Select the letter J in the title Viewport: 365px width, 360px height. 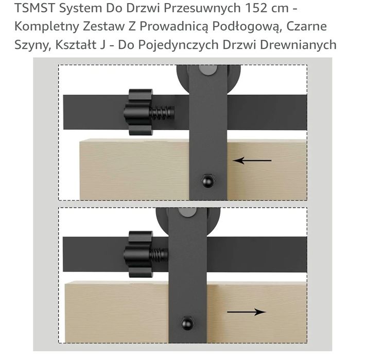coord(102,44)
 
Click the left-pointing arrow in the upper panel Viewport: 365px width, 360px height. coord(252,160)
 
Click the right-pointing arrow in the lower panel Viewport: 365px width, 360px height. coord(246,312)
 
